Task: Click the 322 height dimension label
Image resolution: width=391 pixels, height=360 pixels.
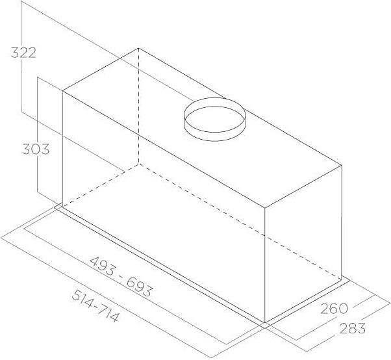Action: [x=23, y=53]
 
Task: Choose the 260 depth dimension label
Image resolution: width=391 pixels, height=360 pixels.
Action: [x=334, y=307]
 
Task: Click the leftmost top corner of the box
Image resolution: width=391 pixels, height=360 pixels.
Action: [x=62, y=91]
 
